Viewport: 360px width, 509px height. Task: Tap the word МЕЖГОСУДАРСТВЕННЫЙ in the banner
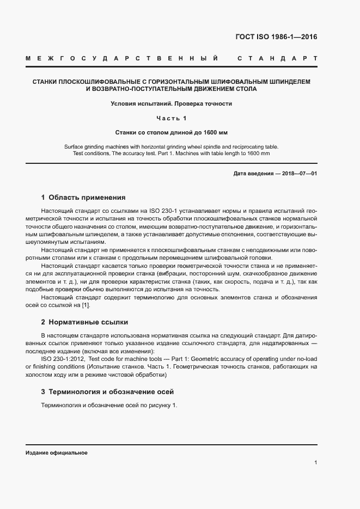click(122, 58)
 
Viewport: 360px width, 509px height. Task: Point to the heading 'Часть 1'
click(171, 118)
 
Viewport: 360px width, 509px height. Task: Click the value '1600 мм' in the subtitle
click(215, 132)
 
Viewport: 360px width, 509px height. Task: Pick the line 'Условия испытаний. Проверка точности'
click(171, 103)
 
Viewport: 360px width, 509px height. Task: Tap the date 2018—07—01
click(298, 174)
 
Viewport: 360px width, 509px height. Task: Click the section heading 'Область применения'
click(87, 198)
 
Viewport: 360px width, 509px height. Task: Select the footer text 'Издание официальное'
click(57, 452)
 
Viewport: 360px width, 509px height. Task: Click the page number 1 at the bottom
click(315, 462)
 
